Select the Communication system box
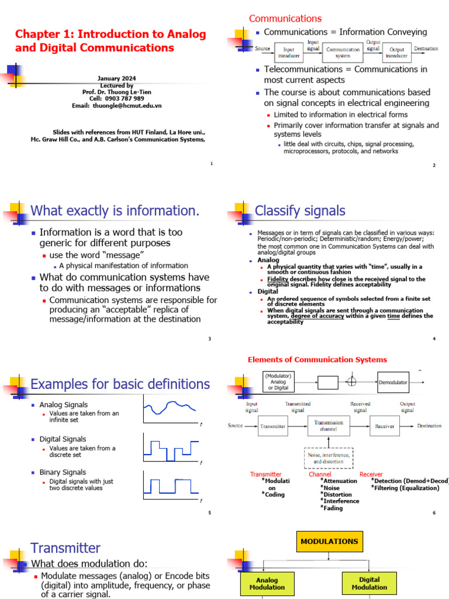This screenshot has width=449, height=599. point(343,53)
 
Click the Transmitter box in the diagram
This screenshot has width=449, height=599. point(272,427)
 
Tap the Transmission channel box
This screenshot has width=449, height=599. point(329,426)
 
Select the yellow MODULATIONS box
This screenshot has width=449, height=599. point(329,542)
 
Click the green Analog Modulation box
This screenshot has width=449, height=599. point(267,584)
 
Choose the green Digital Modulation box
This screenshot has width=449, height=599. point(369,584)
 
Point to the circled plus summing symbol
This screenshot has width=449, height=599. point(351,382)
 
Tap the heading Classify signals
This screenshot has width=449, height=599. point(301,211)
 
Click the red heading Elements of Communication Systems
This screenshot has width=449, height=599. point(317,360)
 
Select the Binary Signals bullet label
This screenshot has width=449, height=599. point(63,472)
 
